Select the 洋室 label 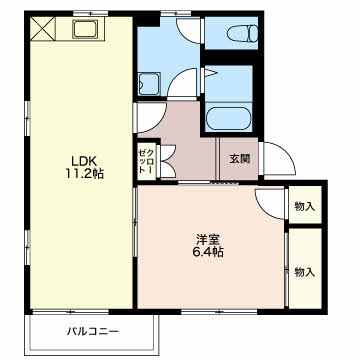209,239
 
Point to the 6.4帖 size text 209,253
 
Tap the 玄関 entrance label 239,157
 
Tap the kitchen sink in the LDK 82,28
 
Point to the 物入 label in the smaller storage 304,207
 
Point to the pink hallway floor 185,130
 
